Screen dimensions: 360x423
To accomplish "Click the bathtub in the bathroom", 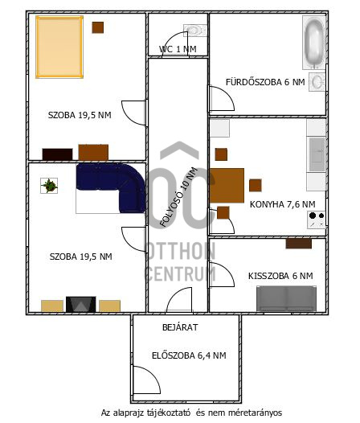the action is coord(314,43).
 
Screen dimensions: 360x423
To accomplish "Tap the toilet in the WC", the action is coord(195,31).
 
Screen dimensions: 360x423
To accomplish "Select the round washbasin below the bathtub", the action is coord(317,82).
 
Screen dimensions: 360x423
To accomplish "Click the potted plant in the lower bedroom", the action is coord(49,186).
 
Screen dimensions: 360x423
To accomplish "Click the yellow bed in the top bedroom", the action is coord(59,47).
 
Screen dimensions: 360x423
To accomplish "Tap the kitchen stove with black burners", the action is coord(317,220).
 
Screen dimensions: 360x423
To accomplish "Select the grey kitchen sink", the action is coord(317,154).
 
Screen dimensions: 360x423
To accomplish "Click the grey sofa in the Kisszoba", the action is coord(286,298).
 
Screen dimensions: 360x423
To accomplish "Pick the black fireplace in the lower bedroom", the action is coord(81,304).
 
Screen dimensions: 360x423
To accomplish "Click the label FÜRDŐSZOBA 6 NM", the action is coord(265,82).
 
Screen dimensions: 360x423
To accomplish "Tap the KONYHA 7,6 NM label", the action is coord(282,204).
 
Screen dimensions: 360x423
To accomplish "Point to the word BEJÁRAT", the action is coord(180,327).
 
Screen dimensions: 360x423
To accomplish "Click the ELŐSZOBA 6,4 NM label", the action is coord(189,355).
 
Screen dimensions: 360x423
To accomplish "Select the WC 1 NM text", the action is coord(178,49).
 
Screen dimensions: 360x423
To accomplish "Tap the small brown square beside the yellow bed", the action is coord(98,27).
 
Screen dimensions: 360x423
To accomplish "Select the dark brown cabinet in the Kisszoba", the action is coord(298,244).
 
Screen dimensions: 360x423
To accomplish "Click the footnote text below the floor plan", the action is coord(191,413).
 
